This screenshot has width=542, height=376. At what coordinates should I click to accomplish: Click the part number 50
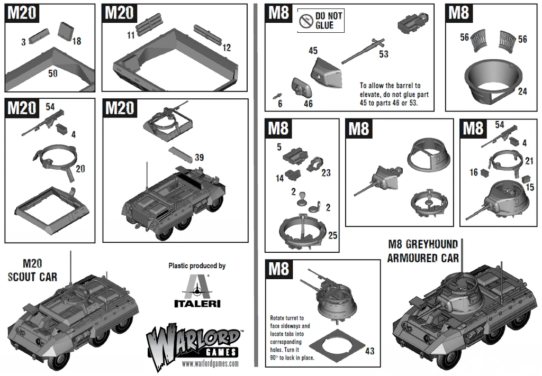point(53,74)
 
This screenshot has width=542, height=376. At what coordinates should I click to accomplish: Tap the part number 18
point(77,41)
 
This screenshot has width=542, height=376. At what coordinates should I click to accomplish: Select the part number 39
point(199,157)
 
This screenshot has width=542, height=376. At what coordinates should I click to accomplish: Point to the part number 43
point(369,351)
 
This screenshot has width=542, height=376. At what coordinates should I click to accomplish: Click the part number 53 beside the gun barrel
point(383,54)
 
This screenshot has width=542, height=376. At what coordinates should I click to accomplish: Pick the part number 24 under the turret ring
point(522,91)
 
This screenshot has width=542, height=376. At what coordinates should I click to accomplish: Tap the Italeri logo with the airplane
point(197,290)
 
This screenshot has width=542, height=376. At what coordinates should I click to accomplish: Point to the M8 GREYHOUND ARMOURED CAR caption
point(422,251)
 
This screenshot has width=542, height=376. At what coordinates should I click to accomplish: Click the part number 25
point(332,235)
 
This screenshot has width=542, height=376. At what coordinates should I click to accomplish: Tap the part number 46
point(308,104)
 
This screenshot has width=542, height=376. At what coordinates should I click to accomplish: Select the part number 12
point(227,48)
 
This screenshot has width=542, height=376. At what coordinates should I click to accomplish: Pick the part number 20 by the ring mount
point(80,169)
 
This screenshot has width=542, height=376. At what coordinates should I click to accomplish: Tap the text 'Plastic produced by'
point(197,265)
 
